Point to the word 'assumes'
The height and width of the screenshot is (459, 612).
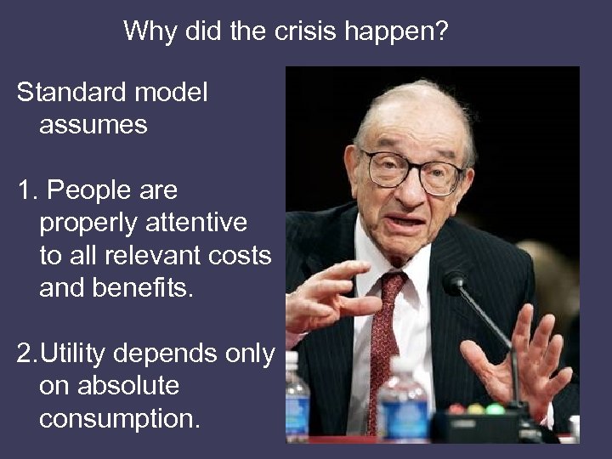(x=93, y=125)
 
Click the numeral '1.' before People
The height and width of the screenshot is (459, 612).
(x=28, y=190)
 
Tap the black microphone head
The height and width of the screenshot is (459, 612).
(x=456, y=283)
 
